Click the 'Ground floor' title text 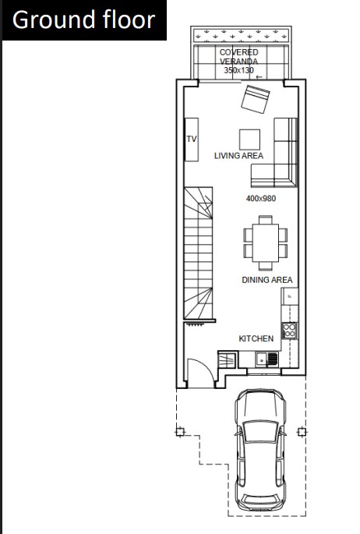(83, 19)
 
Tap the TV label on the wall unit (192, 139)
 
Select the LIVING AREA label (238, 156)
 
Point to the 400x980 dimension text (261, 198)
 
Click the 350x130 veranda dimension (239, 70)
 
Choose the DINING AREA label (267, 280)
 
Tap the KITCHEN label (256, 338)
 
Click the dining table (266, 242)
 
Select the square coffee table (250, 140)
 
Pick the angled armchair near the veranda (256, 99)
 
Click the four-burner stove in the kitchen (290, 331)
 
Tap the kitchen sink (267, 359)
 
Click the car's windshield (261, 432)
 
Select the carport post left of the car (180, 432)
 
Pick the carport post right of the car (301, 432)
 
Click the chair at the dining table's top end (266, 220)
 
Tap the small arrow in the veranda (259, 77)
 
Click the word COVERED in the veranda (239, 52)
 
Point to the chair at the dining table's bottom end (266, 266)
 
